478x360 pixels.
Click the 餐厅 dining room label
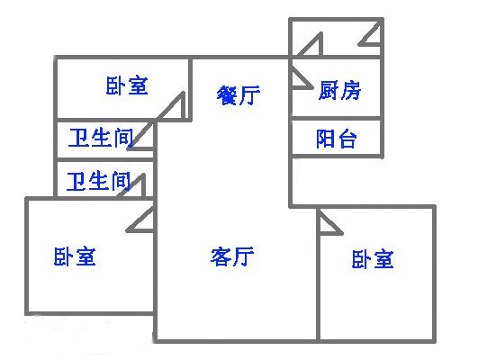(x=239, y=94)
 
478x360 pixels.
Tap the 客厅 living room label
(x=232, y=256)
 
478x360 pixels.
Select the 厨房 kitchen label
(x=339, y=90)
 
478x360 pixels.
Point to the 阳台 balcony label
(x=336, y=139)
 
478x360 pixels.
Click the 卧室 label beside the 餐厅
(x=127, y=85)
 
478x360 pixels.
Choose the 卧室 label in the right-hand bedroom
(x=373, y=259)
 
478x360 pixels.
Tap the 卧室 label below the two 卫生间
(x=75, y=256)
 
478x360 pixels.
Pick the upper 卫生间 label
(x=101, y=138)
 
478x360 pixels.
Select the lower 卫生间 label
(x=98, y=182)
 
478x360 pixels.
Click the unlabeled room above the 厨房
(x=336, y=38)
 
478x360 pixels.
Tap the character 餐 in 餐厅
(x=228, y=94)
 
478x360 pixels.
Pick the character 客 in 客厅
(x=221, y=256)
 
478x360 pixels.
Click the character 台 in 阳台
(x=347, y=139)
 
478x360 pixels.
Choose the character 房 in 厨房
(x=351, y=90)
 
